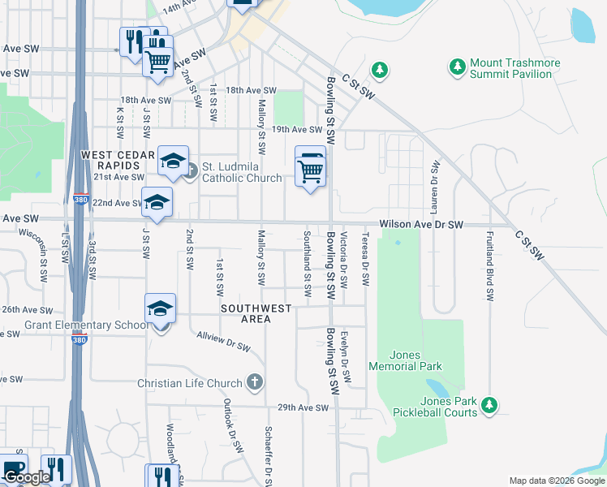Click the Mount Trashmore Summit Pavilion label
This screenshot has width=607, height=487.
coord(510,68)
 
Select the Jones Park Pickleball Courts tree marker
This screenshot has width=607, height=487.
coord(489,403)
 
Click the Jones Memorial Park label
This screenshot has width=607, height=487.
coord(405,360)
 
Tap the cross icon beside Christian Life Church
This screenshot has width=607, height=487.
coord(255,382)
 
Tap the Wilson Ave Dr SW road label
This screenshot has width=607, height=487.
coord(421,224)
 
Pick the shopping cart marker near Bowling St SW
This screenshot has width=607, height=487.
coord(310,167)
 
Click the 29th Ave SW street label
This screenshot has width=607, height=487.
coord(302,407)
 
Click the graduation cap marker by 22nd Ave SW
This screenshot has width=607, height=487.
coord(157,203)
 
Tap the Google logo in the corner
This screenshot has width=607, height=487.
coord(26,477)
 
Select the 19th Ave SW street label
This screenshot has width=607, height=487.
coord(297,129)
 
